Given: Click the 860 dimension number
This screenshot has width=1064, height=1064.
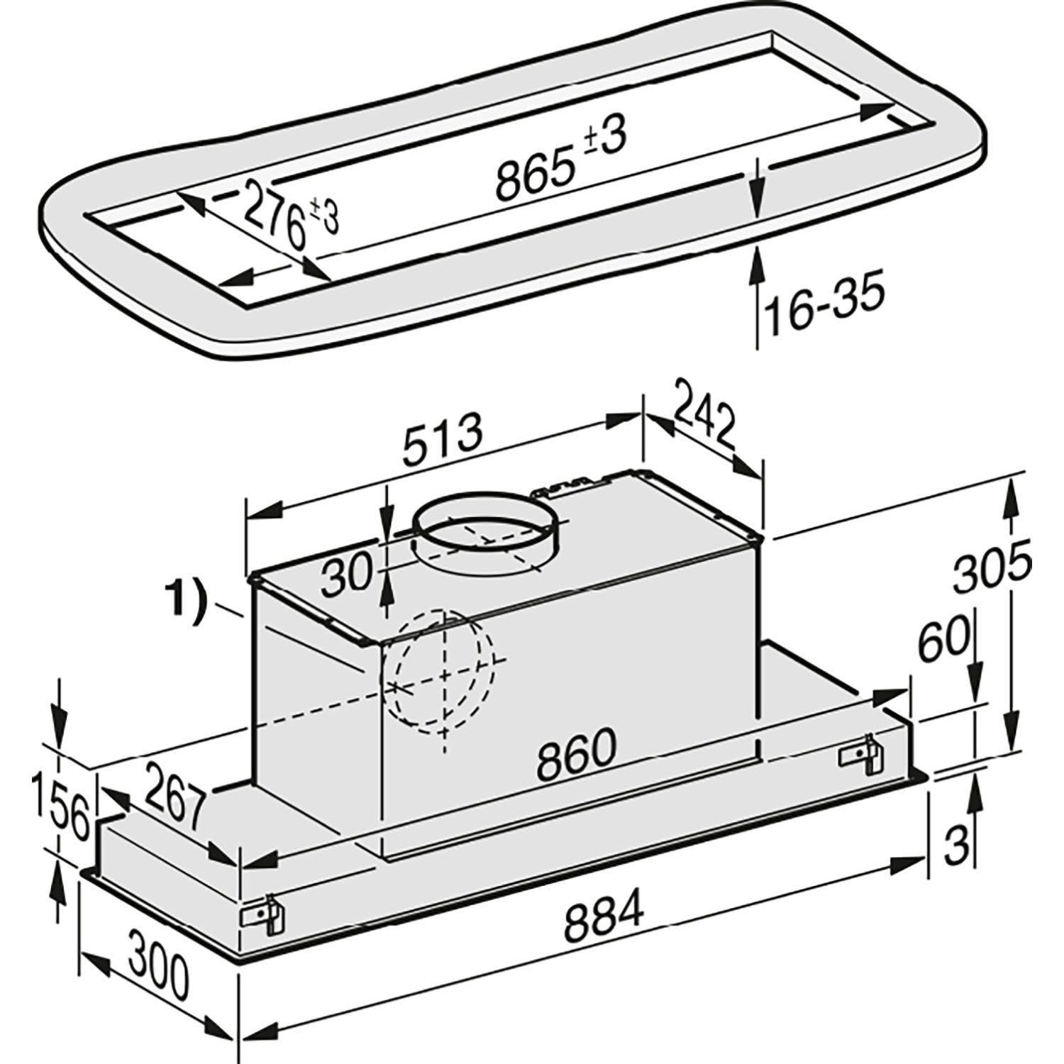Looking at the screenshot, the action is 575,756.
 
